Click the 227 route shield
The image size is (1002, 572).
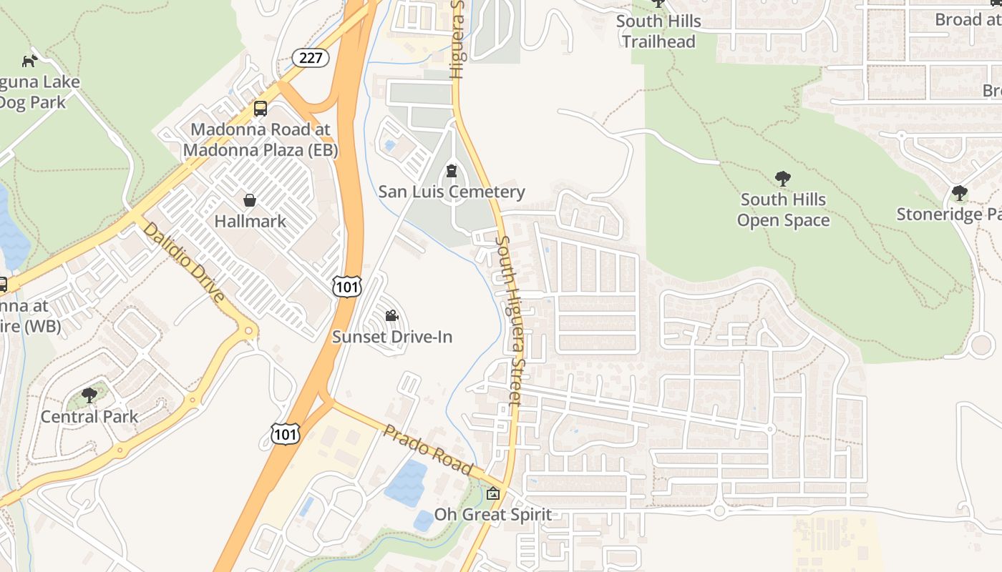311,58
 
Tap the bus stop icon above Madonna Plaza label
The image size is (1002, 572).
261,109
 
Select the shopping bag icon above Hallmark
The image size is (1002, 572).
250,199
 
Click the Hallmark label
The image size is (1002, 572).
250,221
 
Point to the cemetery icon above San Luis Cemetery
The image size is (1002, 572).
452,171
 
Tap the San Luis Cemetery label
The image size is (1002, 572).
452,192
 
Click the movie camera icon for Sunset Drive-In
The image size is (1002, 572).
391,315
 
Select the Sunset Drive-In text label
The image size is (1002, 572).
392,337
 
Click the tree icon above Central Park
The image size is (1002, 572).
89,395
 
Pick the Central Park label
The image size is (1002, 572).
89,416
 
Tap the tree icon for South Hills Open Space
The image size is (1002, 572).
783,179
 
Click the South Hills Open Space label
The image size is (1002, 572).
783,209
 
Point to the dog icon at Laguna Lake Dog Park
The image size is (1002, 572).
29,61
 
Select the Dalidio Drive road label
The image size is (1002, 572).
185,262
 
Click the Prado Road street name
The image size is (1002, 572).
428,450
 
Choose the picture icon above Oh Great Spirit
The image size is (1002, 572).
493,493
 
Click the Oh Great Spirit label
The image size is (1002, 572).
493,515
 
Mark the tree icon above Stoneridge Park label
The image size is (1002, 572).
959,193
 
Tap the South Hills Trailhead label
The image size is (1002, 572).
658,31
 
